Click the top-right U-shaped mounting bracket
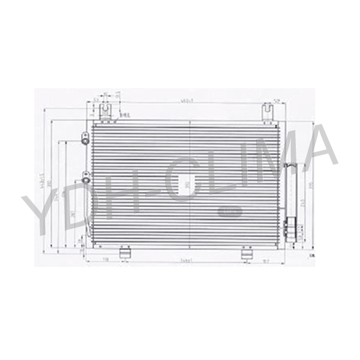268,111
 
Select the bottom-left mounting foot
125,254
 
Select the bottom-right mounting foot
247,254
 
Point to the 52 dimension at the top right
277,100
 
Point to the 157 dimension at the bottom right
266,260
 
